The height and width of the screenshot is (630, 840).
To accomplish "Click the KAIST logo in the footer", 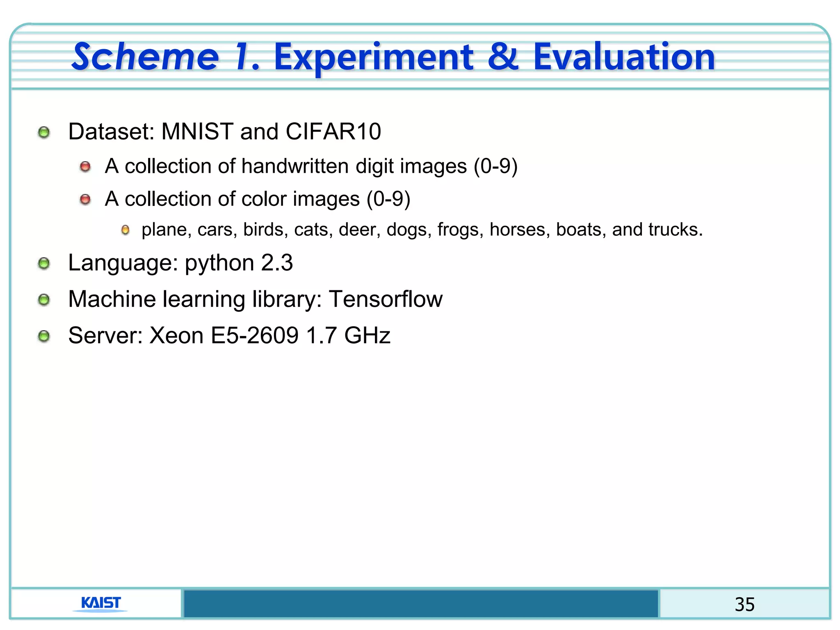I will click(101, 603).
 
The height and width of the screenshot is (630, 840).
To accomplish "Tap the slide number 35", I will click(744, 605).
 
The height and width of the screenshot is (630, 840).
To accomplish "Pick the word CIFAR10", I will click(333, 132).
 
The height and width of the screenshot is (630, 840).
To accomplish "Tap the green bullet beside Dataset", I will click(44, 132).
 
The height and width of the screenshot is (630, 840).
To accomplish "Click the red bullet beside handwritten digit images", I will click(85, 167).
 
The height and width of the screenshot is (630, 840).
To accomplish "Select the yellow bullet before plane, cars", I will click(126, 230).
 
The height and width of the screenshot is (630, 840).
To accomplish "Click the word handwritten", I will click(295, 167).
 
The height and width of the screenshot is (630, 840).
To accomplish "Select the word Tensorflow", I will click(386, 299).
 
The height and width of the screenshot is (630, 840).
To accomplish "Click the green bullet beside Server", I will click(44, 336).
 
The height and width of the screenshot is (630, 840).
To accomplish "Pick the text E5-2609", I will click(254, 336).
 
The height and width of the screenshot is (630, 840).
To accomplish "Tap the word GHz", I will click(367, 336).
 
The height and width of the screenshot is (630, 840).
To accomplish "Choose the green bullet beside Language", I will click(44, 264).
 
